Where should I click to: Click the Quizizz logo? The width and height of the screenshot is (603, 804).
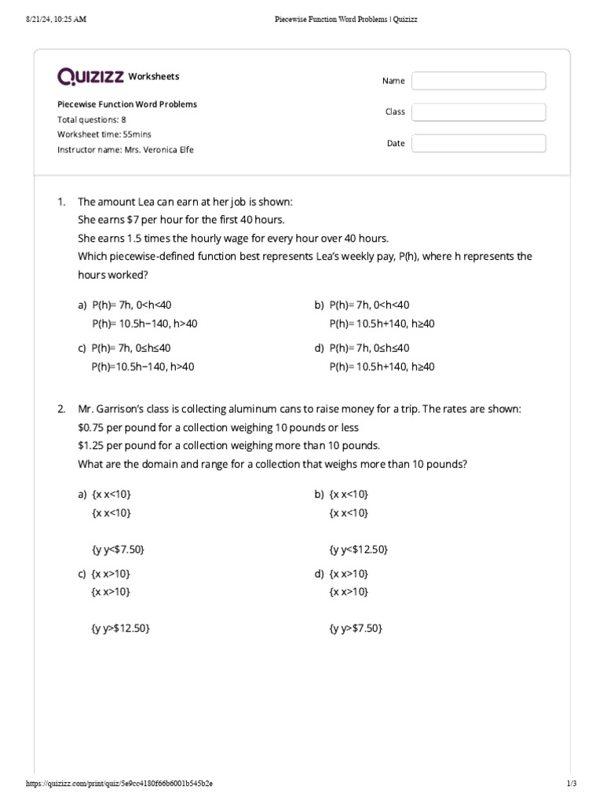pyautogui.click(x=90, y=76)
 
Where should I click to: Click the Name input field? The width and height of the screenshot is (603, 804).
pyautogui.click(x=478, y=81)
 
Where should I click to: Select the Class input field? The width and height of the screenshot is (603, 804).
pyautogui.click(x=478, y=112)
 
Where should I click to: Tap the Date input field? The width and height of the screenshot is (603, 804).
pyautogui.click(x=478, y=144)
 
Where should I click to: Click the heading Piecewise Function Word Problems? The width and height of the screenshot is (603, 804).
pyautogui.click(x=127, y=104)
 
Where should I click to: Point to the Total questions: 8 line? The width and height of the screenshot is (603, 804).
pyautogui.click(x=92, y=119)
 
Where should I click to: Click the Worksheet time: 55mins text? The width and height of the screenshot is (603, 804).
pyautogui.click(x=104, y=134)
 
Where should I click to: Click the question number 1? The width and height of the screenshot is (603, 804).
pyautogui.click(x=61, y=202)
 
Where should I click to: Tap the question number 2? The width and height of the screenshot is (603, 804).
pyautogui.click(x=61, y=410)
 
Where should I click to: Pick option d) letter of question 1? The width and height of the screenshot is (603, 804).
pyautogui.click(x=320, y=348)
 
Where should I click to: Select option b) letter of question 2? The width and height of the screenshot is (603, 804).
pyautogui.click(x=320, y=494)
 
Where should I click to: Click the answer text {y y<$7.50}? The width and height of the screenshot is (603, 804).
pyautogui.click(x=118, y=550)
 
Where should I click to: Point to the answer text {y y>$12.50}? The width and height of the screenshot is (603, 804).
pyautogui.click(x=121, y=628)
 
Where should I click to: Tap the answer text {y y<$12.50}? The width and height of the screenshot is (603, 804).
pyautogui.click(x=359, y=550)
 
